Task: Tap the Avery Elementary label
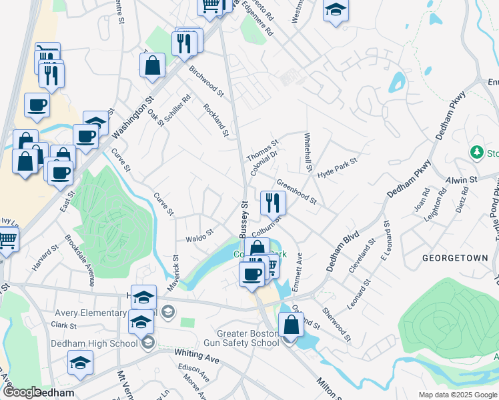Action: click(x=87, y=312)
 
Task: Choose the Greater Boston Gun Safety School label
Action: click(x=247, y=338)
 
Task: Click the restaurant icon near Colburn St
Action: click(x=272, y=202)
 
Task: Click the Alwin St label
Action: click(x=462, y=180)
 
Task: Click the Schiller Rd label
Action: click(x=179, y=107)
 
